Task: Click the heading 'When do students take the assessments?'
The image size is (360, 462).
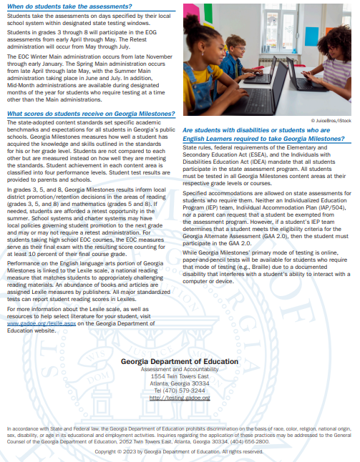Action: click(x=58, y=6)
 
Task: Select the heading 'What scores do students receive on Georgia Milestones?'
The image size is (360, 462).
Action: click(x=90, y=114)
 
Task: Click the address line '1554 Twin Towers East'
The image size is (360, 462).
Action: click(x=180, y=376)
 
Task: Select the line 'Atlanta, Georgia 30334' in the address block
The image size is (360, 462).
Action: click(x=180, y=383)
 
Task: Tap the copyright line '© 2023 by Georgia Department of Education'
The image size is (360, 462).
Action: click(x=180, y=452)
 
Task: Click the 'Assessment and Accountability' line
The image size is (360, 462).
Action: click(x=180, y=369)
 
